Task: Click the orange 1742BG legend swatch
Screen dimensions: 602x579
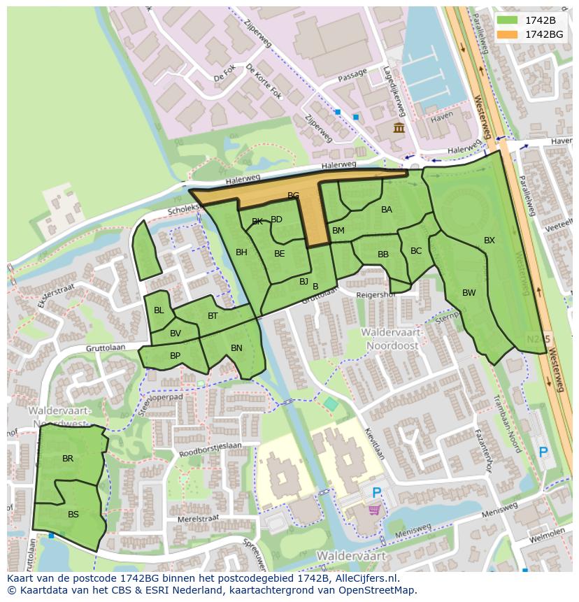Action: (508, 34)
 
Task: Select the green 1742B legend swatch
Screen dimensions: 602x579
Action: (508, 20)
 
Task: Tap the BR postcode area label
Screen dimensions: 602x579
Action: (68, 459)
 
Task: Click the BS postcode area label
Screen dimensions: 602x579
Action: (73, 514)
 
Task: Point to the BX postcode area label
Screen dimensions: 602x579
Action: (489, 241)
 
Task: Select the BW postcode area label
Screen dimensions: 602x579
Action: (469, 293)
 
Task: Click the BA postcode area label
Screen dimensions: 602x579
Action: (387, 209)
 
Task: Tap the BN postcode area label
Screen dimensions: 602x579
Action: (236, 347)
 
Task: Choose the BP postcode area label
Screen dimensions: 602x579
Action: (176, 355)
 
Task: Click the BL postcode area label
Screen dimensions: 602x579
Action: (159, 310)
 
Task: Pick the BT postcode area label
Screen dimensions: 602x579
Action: (213, 315)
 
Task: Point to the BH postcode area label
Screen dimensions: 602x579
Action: (241, 252)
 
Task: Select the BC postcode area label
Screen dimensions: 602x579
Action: (416, 251)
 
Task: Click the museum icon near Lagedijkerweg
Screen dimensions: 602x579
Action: (399, 127)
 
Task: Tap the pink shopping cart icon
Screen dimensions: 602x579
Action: (376, 510)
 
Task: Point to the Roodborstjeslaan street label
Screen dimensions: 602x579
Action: (210, 447)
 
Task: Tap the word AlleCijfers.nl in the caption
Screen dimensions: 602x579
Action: (364, 578)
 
